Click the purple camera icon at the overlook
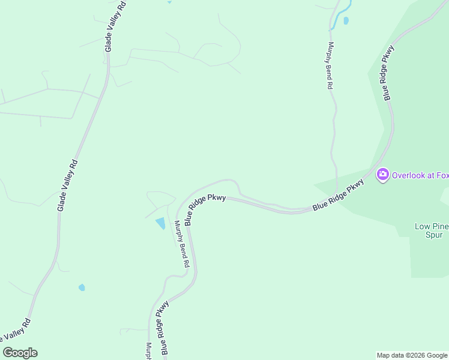tap(382, 175)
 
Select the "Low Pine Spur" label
tap(429, 230)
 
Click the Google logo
tap(20, 353)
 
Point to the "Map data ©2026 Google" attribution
tap(412, 355)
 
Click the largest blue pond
tap(161, 224)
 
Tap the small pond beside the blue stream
tap(346, 21)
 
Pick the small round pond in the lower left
tap(82, 288)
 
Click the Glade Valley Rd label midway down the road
tap(68, 185)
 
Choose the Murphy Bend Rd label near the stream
tap(329, 65)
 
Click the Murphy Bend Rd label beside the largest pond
tap(182, 244)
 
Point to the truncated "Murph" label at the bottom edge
tap(148, 351)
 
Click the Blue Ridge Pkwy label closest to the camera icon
tap(339, 195)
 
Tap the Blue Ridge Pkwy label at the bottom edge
tap(162, 329)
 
